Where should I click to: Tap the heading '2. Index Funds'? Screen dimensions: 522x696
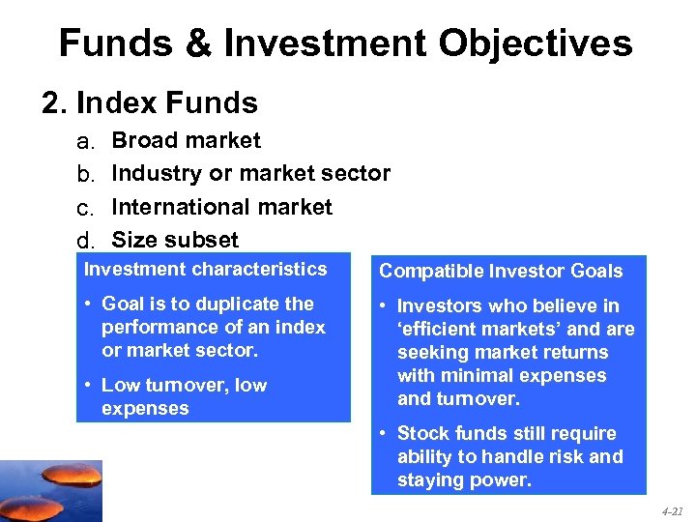[150, 102]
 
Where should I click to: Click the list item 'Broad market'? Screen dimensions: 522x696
[187, 141]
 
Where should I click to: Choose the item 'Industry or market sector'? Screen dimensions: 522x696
[251, 174]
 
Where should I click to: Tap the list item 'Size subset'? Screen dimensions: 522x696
[175, 239]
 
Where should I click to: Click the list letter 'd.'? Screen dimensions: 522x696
[87, 241]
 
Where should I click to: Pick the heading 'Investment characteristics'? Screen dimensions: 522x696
[206, 270]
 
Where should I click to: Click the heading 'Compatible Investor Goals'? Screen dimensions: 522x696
[501, 272]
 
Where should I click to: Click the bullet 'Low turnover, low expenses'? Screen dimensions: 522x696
[184, 396]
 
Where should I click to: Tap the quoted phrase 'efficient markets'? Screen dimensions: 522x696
[479, 329]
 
